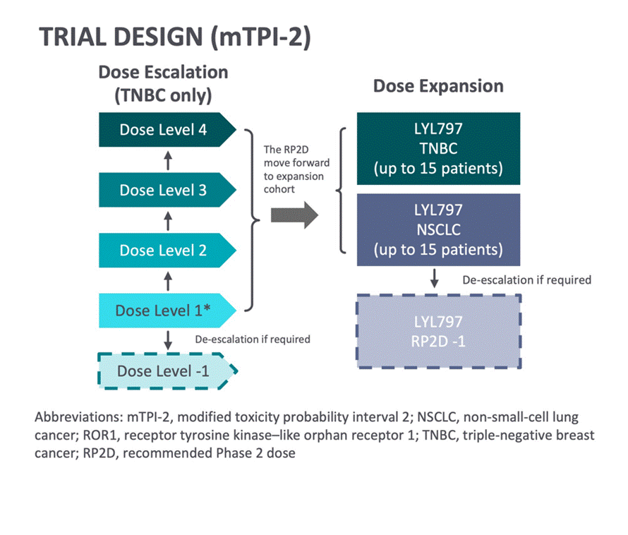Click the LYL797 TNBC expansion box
[x=438, y=149]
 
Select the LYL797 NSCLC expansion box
[x=438, y=230]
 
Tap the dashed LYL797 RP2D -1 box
[x=438, y=330]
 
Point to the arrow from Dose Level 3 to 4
[x=168, y=161]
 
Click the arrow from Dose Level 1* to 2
[x=168, y=282]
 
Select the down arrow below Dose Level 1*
[x=168, y=339]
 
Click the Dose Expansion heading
[x=438, y=86]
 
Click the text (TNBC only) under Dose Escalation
[x=163, y=95]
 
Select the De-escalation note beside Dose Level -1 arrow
[x=252, y=339]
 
